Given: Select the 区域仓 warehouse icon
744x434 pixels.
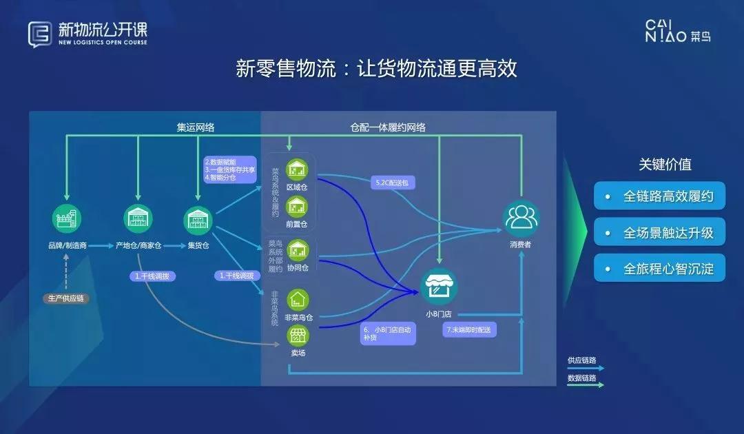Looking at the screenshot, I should click(x=298, y=170).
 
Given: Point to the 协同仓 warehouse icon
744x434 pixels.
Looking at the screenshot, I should click(x=298, y=249).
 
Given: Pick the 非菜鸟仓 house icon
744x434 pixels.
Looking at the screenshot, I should click(x=298, y=300).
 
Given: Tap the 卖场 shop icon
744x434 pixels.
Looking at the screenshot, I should click(x=298, y=336).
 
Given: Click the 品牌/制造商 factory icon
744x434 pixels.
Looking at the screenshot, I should click(x=67, y=220).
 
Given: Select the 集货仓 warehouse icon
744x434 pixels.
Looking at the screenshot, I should click(x=197, y=220).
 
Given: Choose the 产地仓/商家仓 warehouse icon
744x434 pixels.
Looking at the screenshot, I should click(x=138, y=220).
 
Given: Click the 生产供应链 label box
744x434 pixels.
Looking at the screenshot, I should click(x=68, y=298).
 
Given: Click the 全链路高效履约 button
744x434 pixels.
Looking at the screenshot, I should click(x=659, y=196).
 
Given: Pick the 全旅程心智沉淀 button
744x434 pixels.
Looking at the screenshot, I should click(x=659, y=269).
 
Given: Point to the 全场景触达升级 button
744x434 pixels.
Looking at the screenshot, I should click(x=659, y=233).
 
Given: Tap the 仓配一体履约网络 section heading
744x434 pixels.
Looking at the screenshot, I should click(x=388, y=127).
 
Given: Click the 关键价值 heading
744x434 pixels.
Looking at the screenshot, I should click(x=665, y=164).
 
